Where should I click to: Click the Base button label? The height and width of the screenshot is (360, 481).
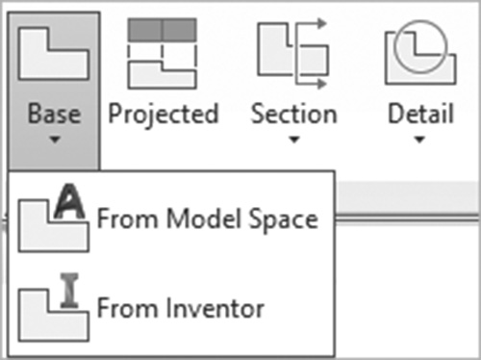coord(54,114)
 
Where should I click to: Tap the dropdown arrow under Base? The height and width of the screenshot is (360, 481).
coord(55,140)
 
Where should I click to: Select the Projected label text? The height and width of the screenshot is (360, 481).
coord(164,115)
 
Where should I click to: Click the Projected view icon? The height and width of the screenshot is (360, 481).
coord(163,54)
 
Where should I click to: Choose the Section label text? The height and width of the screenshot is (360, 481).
coord(294,114)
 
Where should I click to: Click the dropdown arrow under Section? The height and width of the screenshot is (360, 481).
coord(294,140)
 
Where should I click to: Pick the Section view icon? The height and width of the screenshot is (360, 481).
coord(292,54)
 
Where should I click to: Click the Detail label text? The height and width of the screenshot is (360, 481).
coord(420,114)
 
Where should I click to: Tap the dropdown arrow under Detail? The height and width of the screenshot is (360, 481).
coord(419,140)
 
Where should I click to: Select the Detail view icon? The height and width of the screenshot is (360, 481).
coord(420,52)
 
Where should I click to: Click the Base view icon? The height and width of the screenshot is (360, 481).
coord(54,53)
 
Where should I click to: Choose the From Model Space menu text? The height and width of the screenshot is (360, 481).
coord(208,219)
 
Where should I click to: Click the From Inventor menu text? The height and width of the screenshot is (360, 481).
coord(181,307)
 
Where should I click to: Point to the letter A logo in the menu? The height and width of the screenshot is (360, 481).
coord(69,201)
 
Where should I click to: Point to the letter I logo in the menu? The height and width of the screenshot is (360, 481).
coord(69,291)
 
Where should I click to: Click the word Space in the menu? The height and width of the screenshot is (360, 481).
coord(284,220)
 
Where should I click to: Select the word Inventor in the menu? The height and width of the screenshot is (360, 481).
coord(215,307)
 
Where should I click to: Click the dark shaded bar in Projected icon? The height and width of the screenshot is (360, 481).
coord(163,30)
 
